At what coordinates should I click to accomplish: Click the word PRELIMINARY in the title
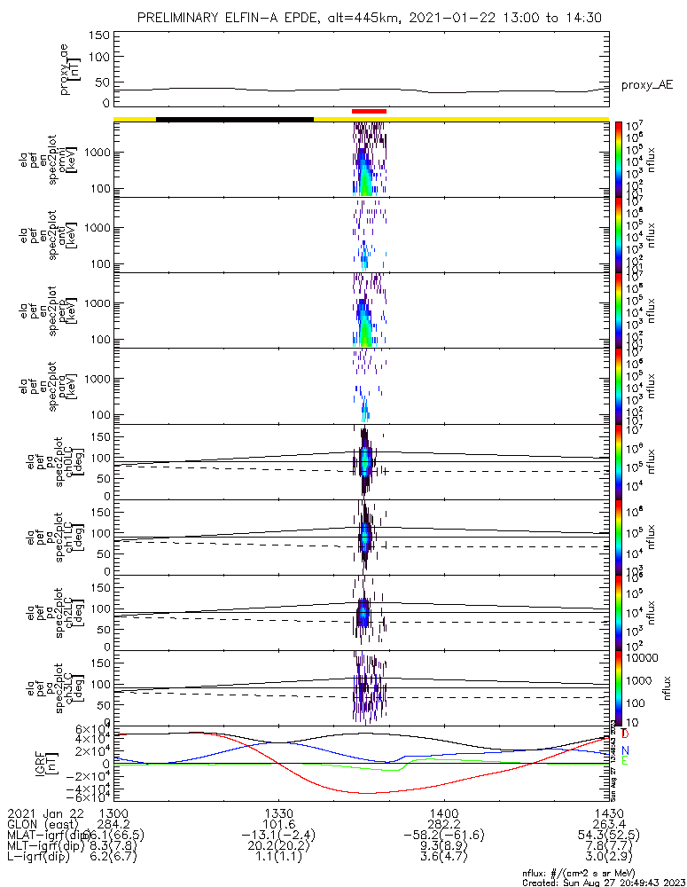180,18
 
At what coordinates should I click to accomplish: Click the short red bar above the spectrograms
369,111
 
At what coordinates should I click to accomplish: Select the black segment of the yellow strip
235,118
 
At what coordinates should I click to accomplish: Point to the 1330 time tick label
279,813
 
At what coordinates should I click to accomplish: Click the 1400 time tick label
443,813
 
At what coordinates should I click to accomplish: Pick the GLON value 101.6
279,825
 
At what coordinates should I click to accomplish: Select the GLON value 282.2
443,825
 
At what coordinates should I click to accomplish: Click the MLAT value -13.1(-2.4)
279,836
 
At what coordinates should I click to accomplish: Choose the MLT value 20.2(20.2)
279,848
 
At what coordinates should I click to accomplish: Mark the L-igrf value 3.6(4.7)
443,860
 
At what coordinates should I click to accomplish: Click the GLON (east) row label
42,825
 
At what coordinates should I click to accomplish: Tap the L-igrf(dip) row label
42,860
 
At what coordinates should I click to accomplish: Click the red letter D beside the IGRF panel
626,734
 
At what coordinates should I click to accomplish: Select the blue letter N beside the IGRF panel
626,750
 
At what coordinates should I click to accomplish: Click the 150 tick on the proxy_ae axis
98,35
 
